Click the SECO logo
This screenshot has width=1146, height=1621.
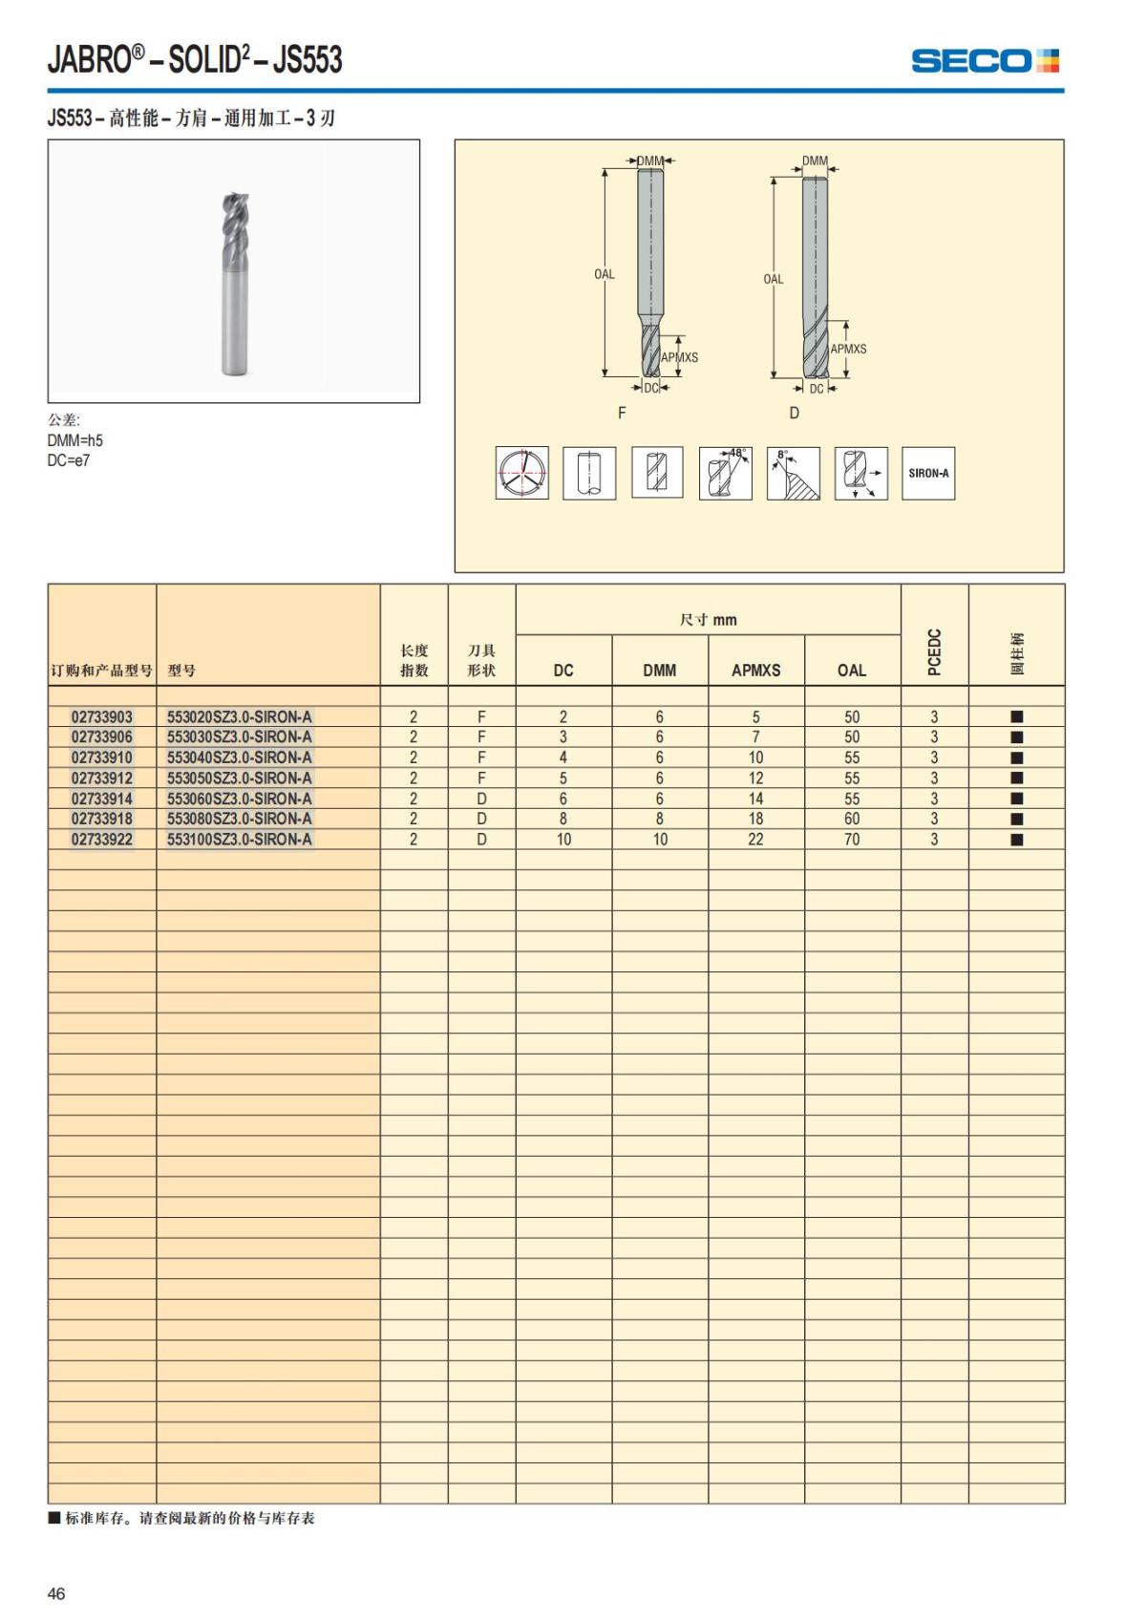985,61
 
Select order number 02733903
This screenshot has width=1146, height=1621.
102,716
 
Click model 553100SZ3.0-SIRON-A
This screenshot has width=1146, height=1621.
240,840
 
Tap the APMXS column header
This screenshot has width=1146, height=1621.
755,670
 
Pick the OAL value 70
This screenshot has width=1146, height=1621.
852,840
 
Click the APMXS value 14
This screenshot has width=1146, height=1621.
755,799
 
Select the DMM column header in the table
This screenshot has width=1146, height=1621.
659,670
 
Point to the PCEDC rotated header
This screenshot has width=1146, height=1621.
935,651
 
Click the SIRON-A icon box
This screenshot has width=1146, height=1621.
928,473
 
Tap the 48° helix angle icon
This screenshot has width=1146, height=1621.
726,473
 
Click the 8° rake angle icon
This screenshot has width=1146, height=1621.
794,473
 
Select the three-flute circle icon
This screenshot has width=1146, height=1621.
521,473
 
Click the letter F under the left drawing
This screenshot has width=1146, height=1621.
622,413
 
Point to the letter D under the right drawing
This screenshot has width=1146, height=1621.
794,413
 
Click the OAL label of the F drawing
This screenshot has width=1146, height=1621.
605,274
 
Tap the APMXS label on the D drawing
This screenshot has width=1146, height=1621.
848,349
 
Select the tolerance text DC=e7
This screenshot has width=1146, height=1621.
69,460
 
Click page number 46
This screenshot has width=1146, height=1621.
56,1593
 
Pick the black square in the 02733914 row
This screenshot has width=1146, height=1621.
1017,799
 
